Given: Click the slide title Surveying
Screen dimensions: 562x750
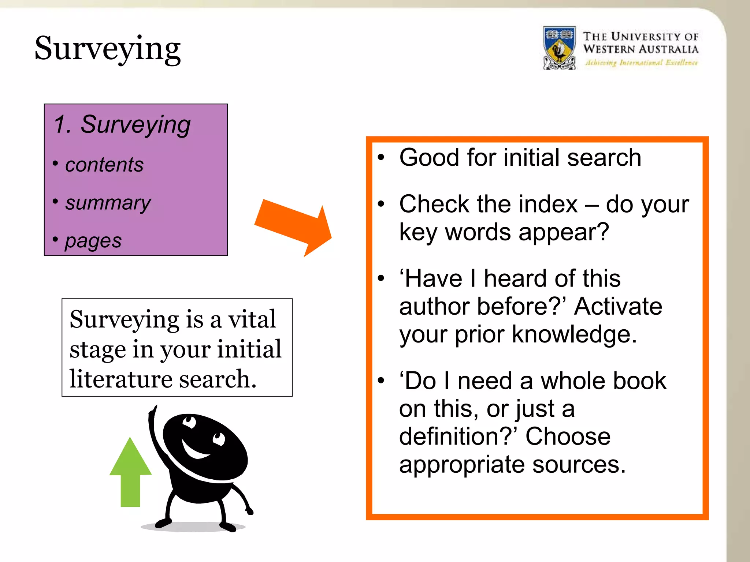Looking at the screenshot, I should (x=107, y=49).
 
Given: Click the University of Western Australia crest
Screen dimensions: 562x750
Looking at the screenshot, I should (x=559, y=48).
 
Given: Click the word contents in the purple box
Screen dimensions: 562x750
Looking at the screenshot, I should (x=104, y=165).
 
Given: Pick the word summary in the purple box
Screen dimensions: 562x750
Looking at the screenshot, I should (x=108, y=203).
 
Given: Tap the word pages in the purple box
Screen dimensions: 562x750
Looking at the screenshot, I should (x=93, y=241).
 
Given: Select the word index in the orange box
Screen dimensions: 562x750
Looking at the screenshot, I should (x=553, y=204).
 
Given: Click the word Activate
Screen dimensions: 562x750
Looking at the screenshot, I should (x=618, y=306).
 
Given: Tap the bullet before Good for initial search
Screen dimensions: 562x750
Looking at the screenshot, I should (x=381, y=157).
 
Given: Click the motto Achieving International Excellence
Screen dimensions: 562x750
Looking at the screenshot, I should (x=641, y=63).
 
